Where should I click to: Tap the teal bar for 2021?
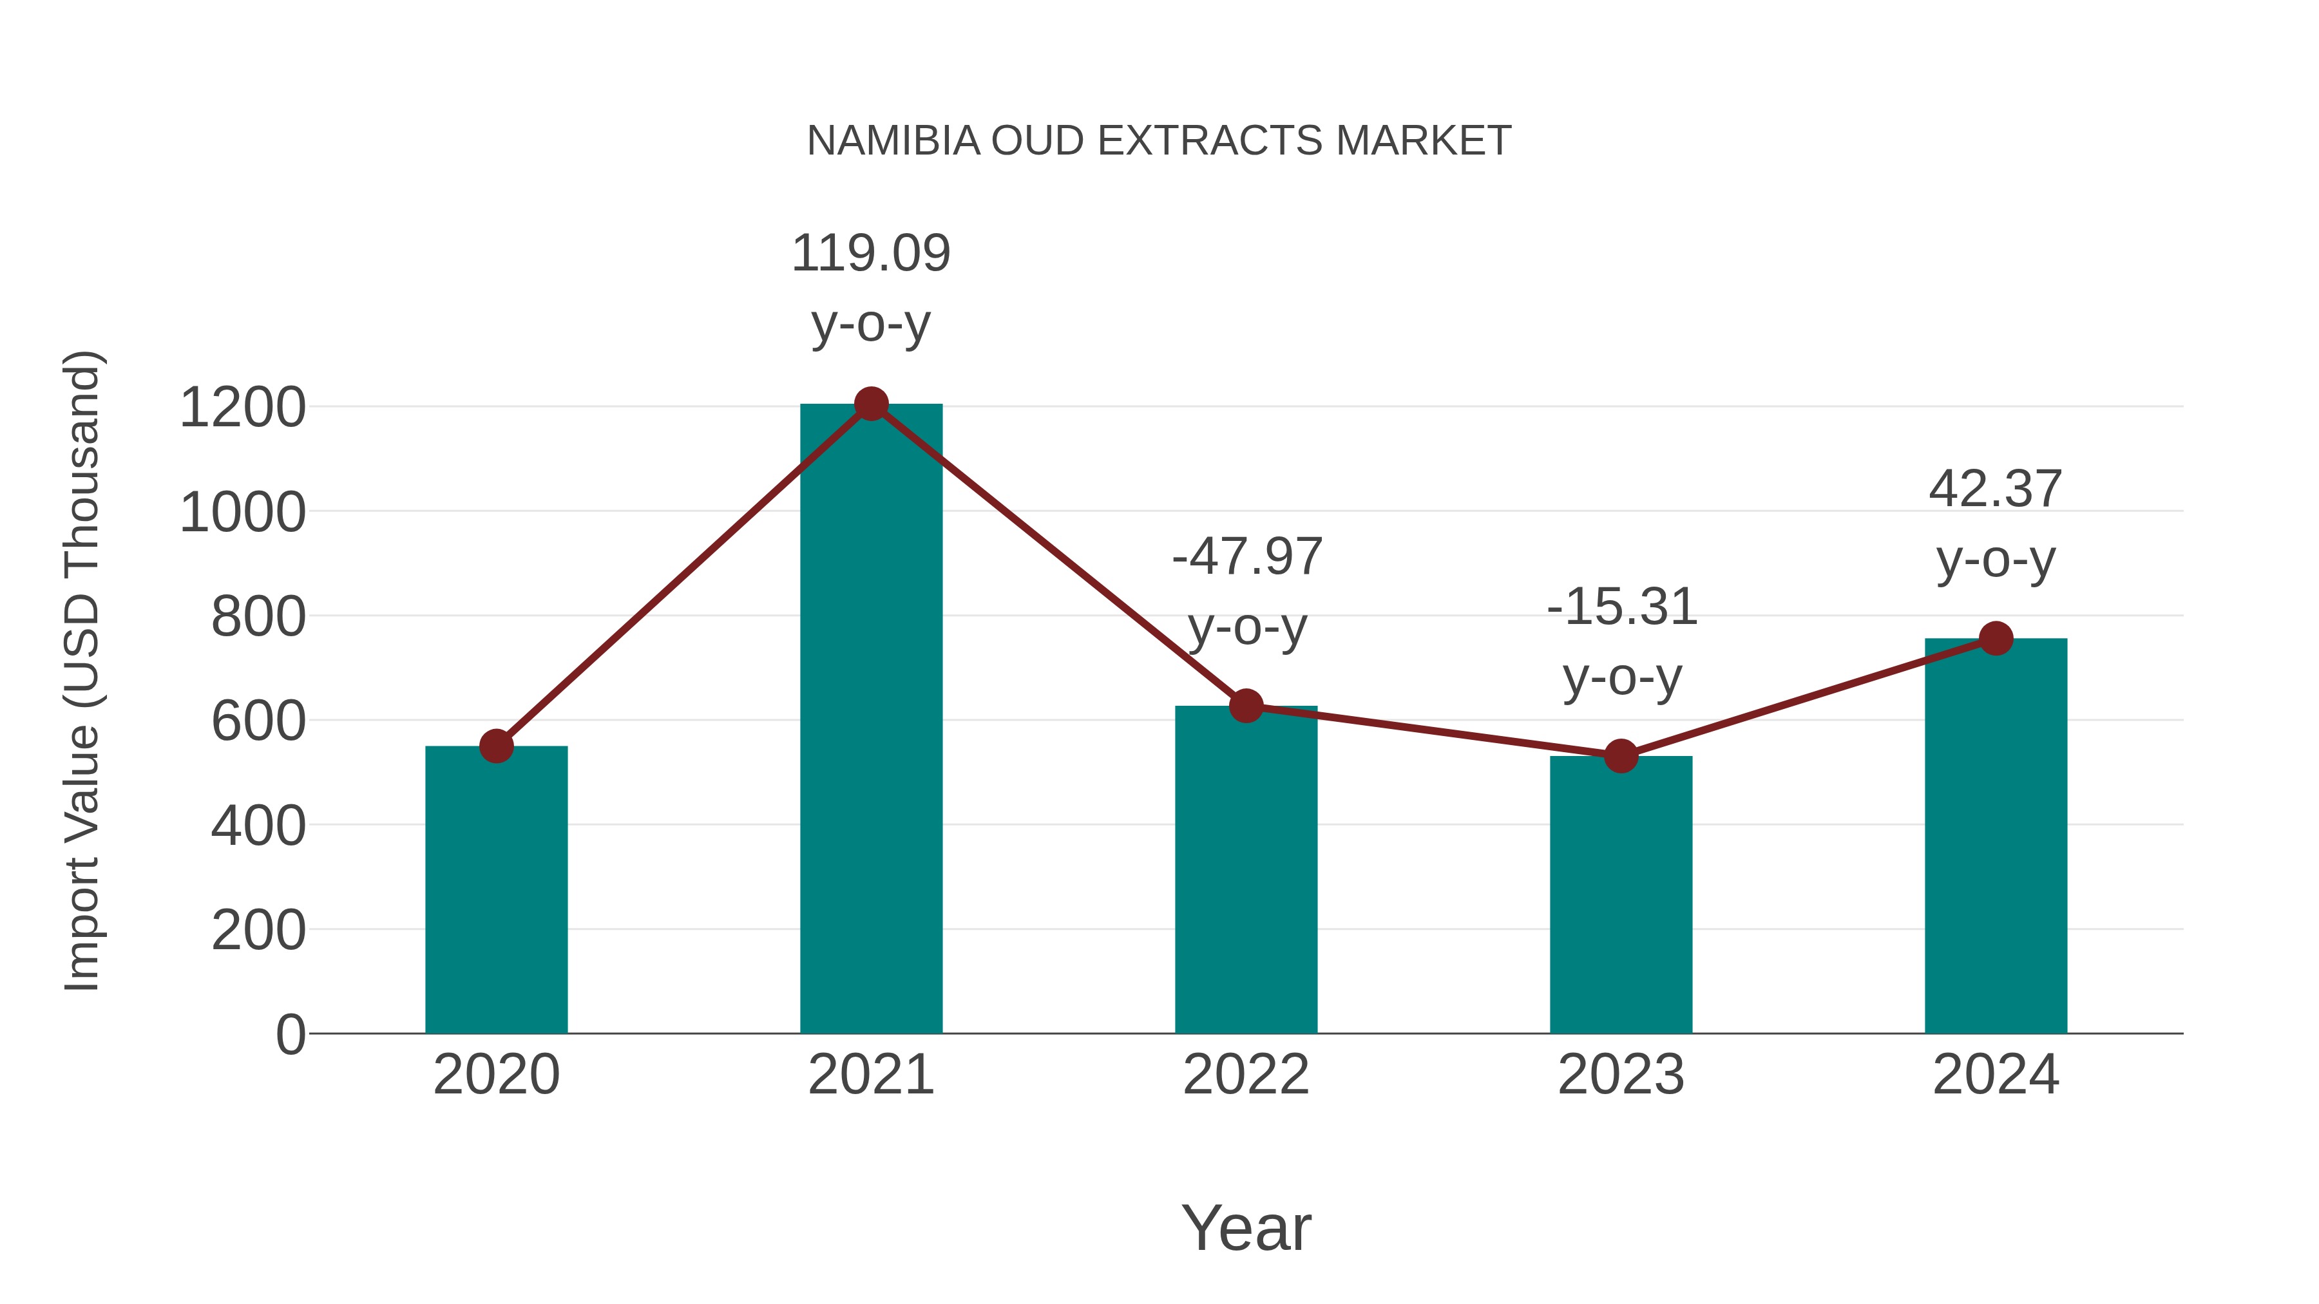click(870, 720)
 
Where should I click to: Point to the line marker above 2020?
click(496, 746)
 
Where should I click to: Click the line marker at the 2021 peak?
click(870, 404)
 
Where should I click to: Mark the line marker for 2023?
click(1621, 756)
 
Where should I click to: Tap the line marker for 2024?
click(1996, 638)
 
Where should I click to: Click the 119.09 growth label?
click(870, 253)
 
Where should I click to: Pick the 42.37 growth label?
click(1995, 489)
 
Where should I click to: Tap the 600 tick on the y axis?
click(258, 721)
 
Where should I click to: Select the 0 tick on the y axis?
click(290, 1034)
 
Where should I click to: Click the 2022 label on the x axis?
click(1246, 1075)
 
